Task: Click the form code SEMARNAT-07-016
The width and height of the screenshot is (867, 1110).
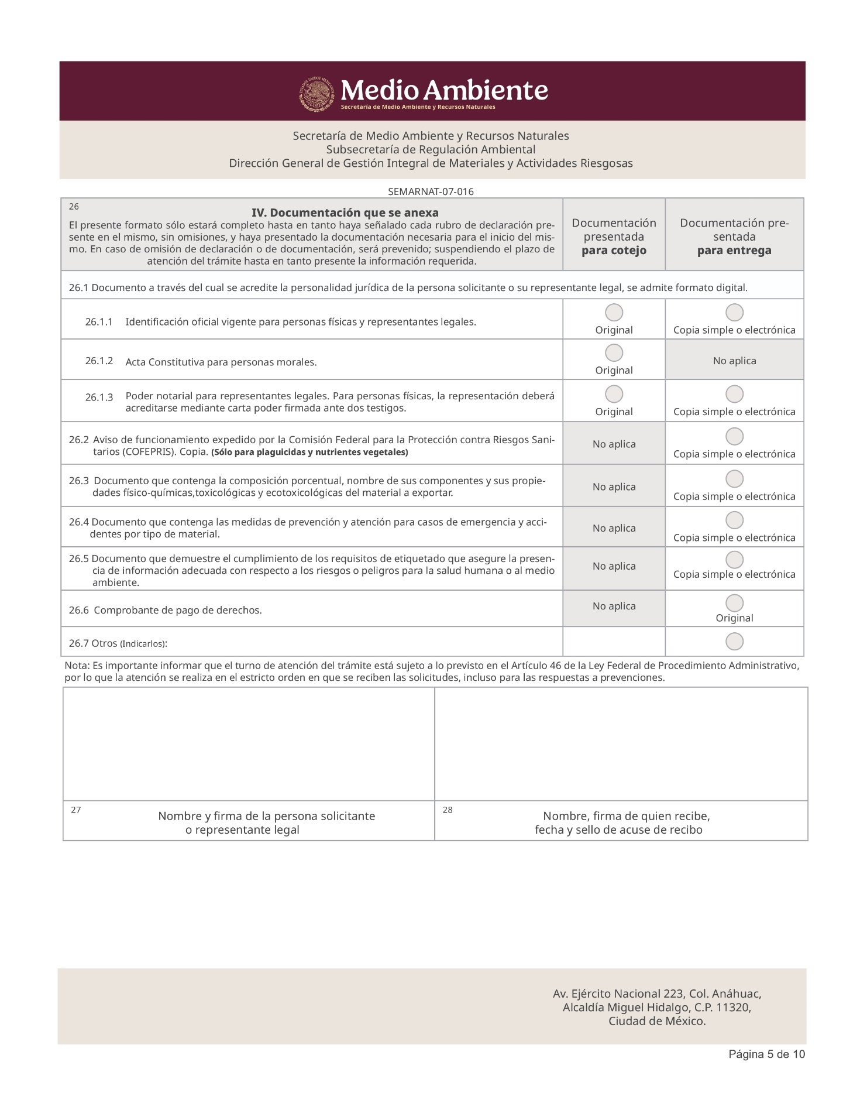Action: coord(431,191)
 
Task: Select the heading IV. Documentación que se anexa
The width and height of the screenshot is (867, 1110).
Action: coord(345,212)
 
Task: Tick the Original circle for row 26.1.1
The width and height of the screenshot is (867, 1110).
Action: coord(614,313)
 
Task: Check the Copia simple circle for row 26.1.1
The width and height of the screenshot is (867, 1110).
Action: coord(734,313)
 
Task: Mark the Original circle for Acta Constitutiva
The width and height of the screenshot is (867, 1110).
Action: coord(614,352)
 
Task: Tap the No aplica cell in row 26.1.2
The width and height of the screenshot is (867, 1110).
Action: coord(734,361)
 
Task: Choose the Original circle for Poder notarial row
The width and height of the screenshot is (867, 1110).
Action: coord(614,394)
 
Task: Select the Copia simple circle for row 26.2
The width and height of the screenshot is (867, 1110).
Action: coord(734,436)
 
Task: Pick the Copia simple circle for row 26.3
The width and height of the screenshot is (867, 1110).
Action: coord(734,479)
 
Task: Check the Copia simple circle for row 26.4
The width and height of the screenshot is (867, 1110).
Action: coord(734,520)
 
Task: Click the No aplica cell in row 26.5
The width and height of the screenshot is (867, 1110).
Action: coord(614,566)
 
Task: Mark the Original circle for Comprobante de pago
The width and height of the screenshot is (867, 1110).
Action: coord(734,603)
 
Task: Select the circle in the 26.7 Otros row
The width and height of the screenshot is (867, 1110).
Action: coord(734,642)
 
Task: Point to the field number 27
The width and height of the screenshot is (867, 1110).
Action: coord(76,810)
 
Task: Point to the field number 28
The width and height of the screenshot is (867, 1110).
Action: coord(448,810)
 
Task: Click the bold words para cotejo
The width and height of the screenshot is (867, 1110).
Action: coord(614,251)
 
